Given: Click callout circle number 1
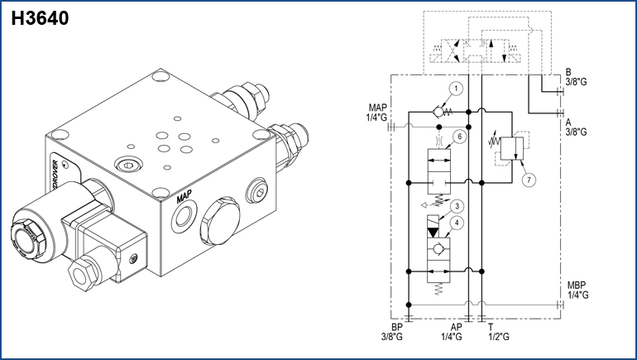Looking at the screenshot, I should click(x=454, y=89).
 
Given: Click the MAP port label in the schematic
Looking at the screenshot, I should click(x=377, y=108).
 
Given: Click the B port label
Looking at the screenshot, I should click(x=568, y=72).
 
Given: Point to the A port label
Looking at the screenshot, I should click(x=568, y=120).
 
